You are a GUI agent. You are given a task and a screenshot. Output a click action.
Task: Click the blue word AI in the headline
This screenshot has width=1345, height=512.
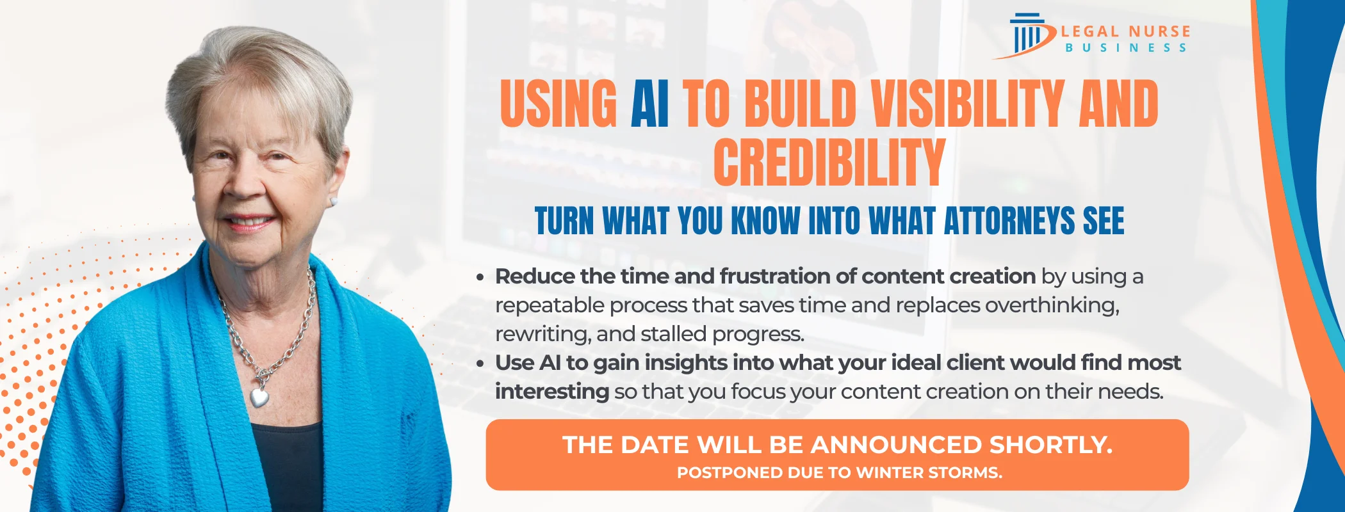[650, 104]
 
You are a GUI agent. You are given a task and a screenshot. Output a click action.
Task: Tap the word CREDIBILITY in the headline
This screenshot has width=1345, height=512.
[829, 162]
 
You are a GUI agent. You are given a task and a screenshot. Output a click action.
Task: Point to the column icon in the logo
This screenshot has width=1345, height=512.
[1027, 35]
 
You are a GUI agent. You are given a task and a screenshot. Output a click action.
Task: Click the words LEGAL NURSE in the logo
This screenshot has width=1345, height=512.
[1126, 31]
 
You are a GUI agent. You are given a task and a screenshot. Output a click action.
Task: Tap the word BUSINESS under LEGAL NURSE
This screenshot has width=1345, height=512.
[1126, 48]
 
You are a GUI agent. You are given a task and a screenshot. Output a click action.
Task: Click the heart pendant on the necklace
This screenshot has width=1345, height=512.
[259, 397]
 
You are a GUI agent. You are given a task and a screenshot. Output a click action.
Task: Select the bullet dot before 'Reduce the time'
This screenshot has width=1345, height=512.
[480, 278]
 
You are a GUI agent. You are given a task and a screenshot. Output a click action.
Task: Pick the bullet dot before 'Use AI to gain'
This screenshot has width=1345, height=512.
[480, 364]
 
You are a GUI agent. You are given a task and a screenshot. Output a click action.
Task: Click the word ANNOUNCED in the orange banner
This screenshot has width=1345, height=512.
[896, 445]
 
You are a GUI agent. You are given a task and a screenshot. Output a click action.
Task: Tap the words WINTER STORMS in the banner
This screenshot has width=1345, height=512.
[929, 473]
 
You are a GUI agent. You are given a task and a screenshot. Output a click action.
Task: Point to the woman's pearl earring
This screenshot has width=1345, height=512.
[333, 201]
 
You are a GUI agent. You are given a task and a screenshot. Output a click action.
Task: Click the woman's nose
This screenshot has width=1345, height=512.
[243, 182]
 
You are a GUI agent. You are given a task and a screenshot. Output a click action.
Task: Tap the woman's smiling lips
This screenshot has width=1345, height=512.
[248, 222]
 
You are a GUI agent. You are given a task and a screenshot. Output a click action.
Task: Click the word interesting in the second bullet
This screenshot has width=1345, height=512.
[552, 391]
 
